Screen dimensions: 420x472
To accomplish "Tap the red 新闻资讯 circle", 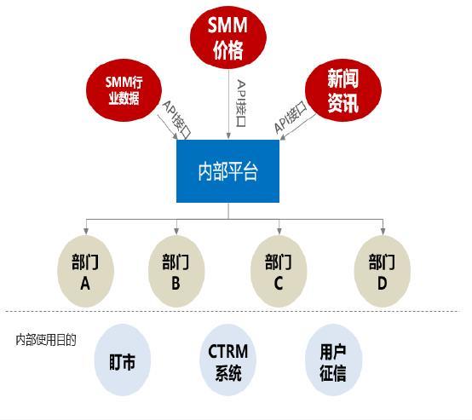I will click(x=342, y=92).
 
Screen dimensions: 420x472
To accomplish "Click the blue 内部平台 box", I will click(x=227, y=171).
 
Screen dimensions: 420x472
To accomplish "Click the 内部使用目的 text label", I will click(x=46, y=340).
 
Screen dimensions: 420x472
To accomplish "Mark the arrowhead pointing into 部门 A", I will click(x=85, y=230).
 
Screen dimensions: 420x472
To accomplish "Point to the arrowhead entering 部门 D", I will click(x=383, y=230).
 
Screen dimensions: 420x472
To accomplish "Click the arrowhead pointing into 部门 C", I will click(x=279, y=230).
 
